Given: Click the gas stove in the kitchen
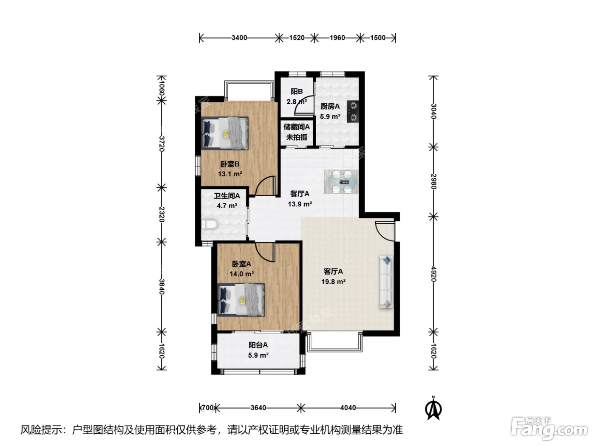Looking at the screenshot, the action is pos(353,111).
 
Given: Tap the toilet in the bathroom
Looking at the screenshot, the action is pos(210,225).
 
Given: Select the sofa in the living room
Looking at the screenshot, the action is pos(386,282).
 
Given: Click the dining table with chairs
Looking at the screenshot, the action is pos(341,182).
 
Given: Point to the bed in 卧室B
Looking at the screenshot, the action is pos(225,133).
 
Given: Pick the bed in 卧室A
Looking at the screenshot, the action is pos(241,300).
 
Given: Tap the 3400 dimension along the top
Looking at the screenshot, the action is pos(239,38).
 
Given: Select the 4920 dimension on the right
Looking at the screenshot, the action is pos(433,274).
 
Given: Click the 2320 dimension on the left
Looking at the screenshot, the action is pos(161,214).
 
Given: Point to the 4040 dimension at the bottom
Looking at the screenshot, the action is pos(348,407).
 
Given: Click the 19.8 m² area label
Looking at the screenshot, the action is pos(334,282).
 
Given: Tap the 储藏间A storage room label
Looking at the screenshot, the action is pos(297,127).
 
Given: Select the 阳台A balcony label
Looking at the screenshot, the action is pos(258,345).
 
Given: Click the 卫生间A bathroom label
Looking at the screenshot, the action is pos(227,195).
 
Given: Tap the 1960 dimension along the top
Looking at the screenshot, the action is pos(337,38).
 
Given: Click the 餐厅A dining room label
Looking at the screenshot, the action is pos(300,194).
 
